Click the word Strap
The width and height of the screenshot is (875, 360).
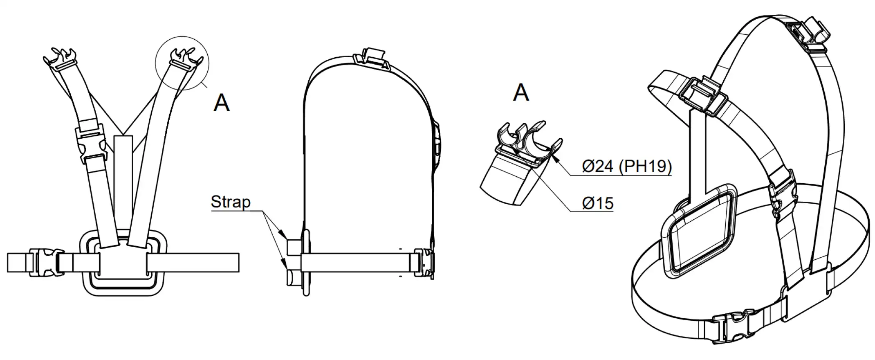click(x=231, y=202)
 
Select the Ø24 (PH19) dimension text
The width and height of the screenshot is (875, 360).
click(x=627, y=166)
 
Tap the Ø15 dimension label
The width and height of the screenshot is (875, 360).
click(x=598, y=203)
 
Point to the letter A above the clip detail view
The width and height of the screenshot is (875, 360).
click(x=521, y=92)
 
